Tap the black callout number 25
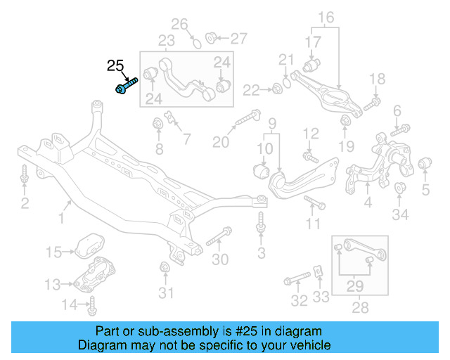pos(115,67)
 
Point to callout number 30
pos(220,259)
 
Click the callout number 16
pos(326,17)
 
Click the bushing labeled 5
pos(424,165)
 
